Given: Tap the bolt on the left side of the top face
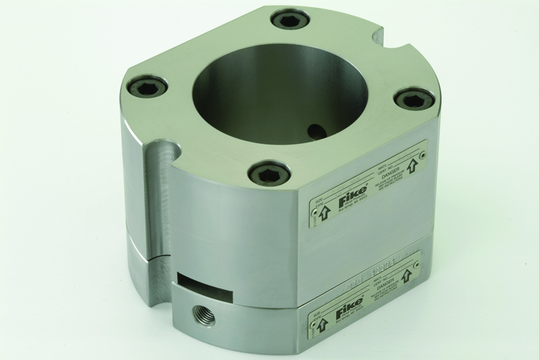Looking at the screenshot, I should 148,86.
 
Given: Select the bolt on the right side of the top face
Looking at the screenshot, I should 415,99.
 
